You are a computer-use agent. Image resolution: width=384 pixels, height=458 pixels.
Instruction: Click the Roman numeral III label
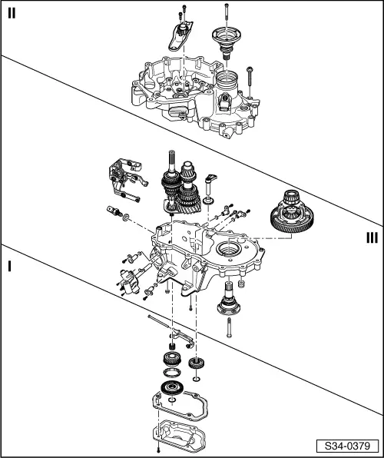(371, 237)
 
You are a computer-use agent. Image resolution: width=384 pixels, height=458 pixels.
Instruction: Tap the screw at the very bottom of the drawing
(157, 450)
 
